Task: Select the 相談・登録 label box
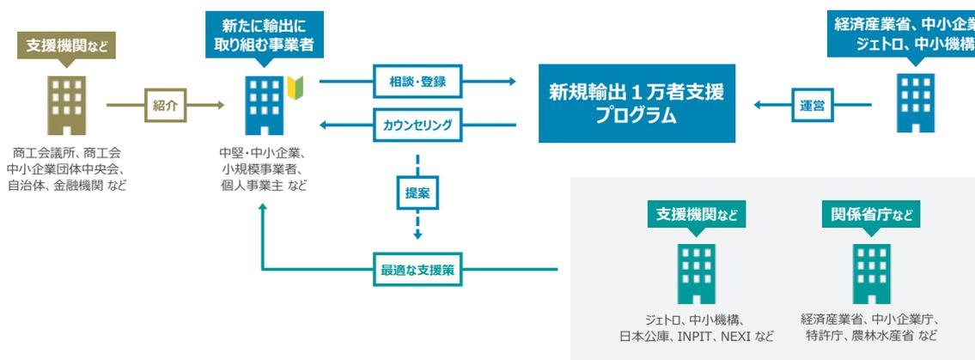point(417,82)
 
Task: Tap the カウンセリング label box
point(417,125)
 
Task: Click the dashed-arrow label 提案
point(417,194)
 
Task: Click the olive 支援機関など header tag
point(67,45)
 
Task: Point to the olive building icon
point(66,104)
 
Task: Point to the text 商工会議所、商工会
point(67,153)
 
